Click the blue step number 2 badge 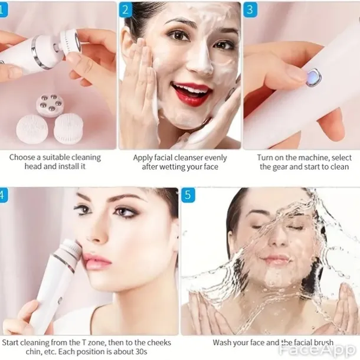coord(125,10)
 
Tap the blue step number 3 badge coord(250,10)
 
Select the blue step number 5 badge coord(188,195)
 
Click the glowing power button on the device coord(313,77)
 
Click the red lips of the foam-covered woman coord(192,94)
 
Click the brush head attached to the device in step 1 coord(70,42)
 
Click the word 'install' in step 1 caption coord(68,166)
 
